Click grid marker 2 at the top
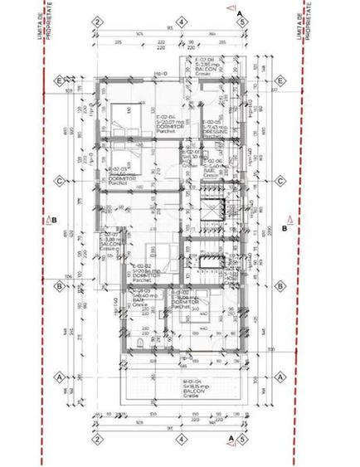pos(97,22)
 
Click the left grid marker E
pos(60,80)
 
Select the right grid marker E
pos(281,80)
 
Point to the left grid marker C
pos(60,180)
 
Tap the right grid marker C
pos(281,180)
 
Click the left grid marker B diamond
pos(60,286)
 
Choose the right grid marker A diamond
pos(281,375)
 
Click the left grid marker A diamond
pos(60,375)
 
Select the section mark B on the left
pos(53,220)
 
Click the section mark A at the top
pos(240,12)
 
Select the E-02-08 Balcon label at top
pos(206,66)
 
